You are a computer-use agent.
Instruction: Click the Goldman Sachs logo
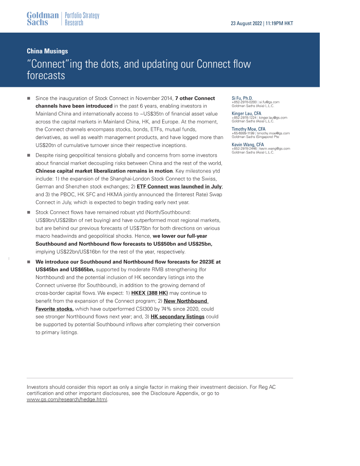(42, 19)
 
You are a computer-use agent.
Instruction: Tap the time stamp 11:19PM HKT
(279, 24)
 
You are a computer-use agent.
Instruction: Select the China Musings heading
(47, 51)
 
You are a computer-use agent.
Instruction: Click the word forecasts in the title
(46, 76)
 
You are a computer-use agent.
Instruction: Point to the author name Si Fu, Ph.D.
(242, 98)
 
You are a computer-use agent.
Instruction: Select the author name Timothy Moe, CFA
(249, 129)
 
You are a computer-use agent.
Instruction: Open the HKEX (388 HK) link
(150, 293)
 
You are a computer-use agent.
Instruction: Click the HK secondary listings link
(177, 316)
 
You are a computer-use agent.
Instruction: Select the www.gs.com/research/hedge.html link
(67, 399)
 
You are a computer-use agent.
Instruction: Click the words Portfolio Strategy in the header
(82, 16)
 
